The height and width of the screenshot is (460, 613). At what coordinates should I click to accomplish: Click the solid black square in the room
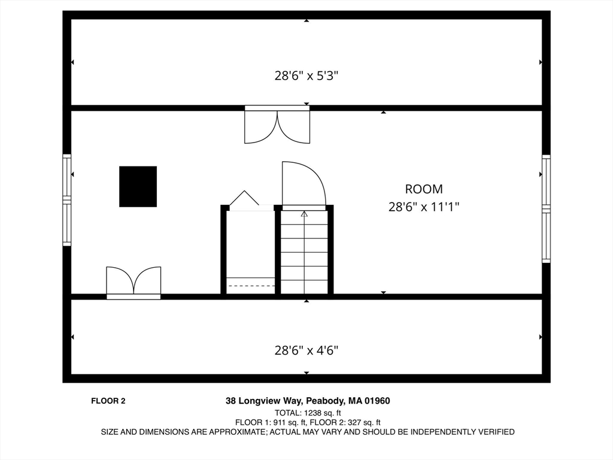(138, 186)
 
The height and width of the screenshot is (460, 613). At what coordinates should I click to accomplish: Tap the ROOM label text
(424, 189)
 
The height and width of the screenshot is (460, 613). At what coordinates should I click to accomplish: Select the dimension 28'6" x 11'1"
(424, 207)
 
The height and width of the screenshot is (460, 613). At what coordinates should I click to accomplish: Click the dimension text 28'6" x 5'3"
(306, 76)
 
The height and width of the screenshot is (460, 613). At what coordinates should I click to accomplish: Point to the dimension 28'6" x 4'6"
(306, 350)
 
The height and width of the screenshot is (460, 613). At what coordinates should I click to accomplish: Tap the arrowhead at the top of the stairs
(304, 213)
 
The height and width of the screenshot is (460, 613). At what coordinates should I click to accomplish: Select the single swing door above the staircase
(303, 184)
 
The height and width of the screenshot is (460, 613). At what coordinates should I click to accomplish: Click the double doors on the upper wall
(277, 125)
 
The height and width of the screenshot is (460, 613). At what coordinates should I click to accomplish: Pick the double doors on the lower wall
(133, 282)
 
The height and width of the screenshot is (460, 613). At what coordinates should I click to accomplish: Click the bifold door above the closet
(244, 199)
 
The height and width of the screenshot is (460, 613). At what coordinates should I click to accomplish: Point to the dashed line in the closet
(250, 286)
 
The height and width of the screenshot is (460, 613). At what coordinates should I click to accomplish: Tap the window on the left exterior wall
(67, 200)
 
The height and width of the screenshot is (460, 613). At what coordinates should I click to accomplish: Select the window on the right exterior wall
(546, 208)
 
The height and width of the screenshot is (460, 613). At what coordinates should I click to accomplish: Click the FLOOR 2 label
(108, 401)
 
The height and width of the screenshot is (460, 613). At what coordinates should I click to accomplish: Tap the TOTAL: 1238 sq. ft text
(307, 413)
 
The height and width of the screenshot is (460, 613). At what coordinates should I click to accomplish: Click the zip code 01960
(378, 401)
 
